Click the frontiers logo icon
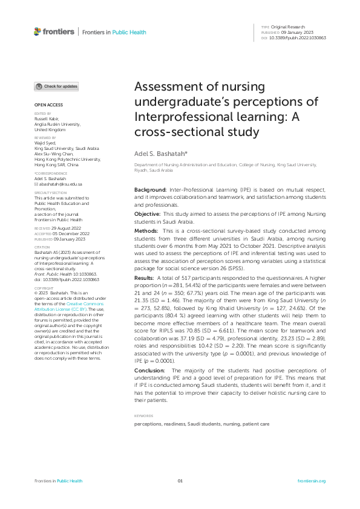coord(38,31)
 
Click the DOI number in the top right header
coord(298,37)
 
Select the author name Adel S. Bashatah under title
coord(159,155)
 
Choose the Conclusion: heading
coord(149,369)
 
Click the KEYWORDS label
coord(143,416)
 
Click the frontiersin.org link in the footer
coord(312,481)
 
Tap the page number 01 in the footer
coord(180,481)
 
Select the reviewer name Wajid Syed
coord(44,143)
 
